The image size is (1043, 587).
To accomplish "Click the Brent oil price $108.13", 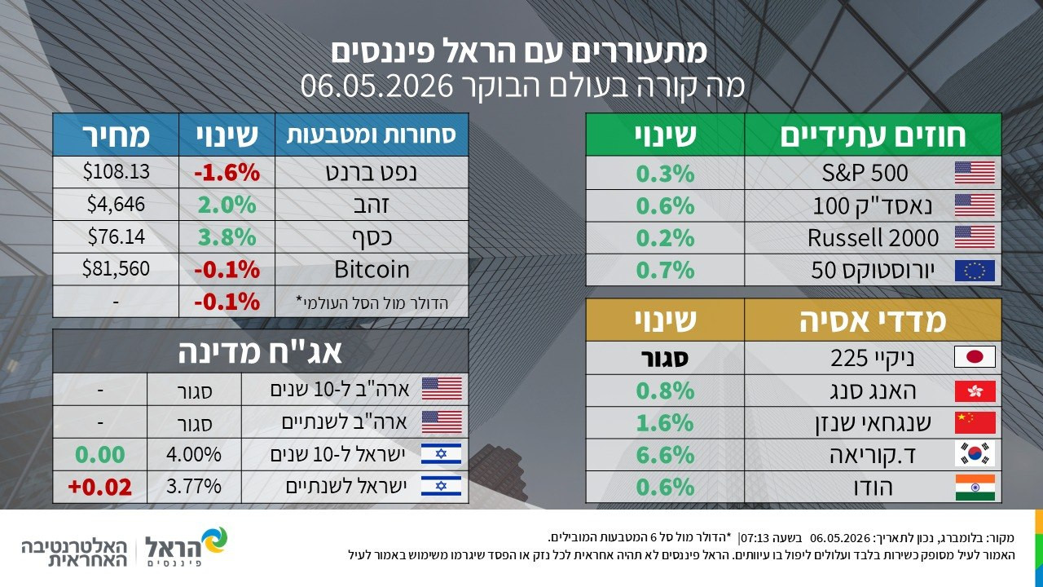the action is click(x=117, y=171).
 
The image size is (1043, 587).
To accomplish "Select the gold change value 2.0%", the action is click(x=227, y=205).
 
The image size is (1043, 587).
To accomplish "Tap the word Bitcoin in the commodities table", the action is click(x=372, y=269).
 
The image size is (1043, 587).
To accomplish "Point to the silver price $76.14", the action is click(x=117, y=236).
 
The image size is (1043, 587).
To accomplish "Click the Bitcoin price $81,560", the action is click(x=116, y=269).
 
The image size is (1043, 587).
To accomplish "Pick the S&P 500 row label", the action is click(x=865, y=173).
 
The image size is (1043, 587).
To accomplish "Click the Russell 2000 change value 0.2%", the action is click(x=665, y=238).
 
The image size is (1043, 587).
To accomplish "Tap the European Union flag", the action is click(x=975, y=271).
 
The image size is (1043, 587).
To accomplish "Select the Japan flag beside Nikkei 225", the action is click(x=975, y=357).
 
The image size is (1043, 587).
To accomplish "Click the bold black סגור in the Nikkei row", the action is click(x=664, y=358).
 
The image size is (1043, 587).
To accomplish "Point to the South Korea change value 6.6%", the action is click(x=665, y=455).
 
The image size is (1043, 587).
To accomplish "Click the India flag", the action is click(x=975, y=488).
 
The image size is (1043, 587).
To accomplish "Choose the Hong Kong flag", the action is click(x=975, y=391).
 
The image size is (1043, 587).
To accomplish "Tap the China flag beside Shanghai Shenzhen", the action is click(x=975, y=422).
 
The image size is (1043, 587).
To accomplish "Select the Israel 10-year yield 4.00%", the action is click(x=194, y=454).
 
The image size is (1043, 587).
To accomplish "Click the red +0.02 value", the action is click(x=100, y=487).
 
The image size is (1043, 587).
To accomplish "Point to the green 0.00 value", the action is click(x=100, y=455).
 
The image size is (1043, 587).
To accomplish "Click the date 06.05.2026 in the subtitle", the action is click(x=376, y=86).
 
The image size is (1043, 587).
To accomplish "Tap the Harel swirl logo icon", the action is click(x=213, y=541).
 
